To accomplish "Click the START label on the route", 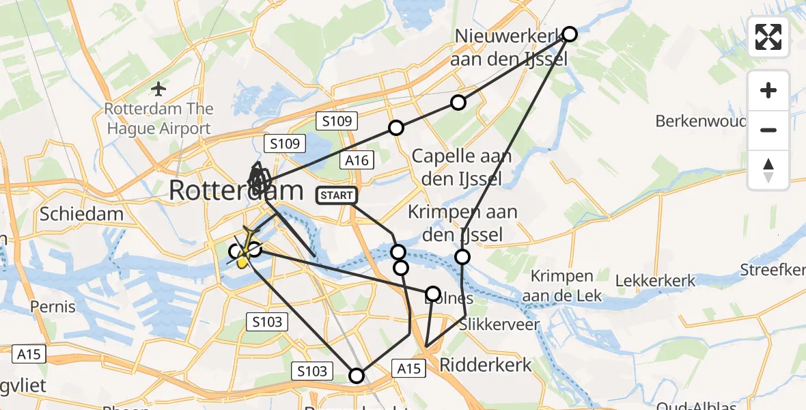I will (336, 196).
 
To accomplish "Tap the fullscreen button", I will (768, 37).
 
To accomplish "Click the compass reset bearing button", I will (768, 170).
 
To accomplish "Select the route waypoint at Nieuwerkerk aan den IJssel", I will (569, 34).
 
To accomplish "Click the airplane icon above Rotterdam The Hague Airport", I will (159, 89).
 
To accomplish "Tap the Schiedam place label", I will (81, 214).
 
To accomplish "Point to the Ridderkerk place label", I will (485, 365).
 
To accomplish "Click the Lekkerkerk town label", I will (655, 280).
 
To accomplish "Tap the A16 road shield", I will (357, 161).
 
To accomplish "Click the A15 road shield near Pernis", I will (29, 354).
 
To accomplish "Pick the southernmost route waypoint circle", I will (357, 375).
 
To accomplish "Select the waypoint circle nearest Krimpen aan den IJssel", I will (462, 257).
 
